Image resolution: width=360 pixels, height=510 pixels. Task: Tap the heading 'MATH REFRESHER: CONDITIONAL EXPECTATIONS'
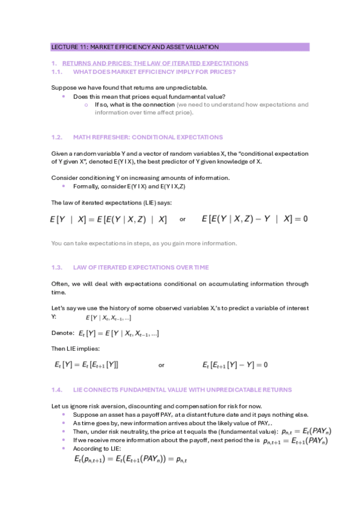(147, 137)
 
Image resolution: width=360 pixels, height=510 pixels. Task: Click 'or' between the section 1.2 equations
(183, 220)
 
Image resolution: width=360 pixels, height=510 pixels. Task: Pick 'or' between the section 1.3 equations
(161, 364)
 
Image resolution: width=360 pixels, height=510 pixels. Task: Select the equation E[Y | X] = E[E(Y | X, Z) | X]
(109, 220)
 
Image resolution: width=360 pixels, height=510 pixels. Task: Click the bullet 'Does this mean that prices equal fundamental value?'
(149, 96)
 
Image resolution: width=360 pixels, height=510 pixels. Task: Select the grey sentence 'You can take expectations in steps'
(144, 243)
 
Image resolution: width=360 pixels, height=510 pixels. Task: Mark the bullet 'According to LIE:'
(97, 448)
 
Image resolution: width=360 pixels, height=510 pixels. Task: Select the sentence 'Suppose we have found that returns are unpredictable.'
(121, 88)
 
